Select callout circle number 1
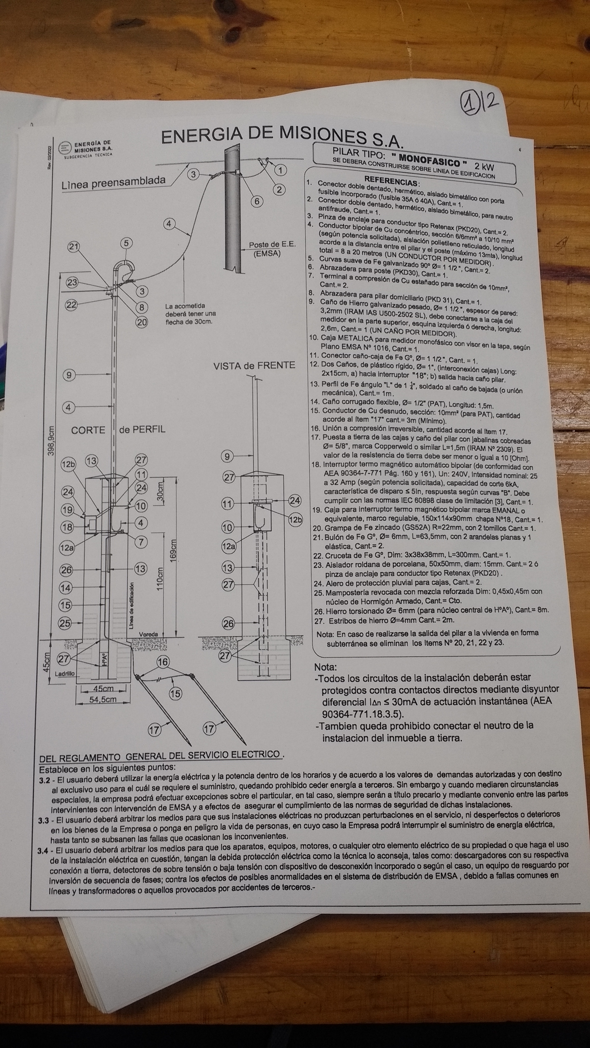280,170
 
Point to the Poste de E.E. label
272,249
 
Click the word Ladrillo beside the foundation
65,674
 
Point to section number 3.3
44,821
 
